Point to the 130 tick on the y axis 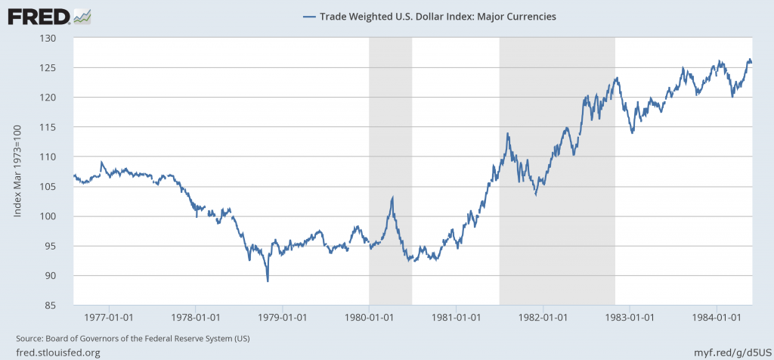point(58,38)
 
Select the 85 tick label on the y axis point(60,306)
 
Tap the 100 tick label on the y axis point(58,216)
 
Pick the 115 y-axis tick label point(58,127)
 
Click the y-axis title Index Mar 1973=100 point(17,172)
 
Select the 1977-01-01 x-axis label point(110,317)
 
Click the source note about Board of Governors point(132,337)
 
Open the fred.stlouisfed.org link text point(58,352)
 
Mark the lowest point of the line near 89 point(268,281)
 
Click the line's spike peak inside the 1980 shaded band point(392,197)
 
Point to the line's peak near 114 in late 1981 point(507,134)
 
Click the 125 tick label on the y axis point(58,68)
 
